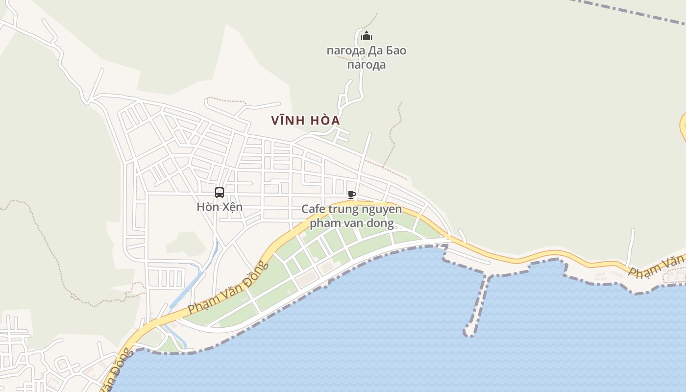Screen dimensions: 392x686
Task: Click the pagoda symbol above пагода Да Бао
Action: pyautogui.click(x=367, y=36)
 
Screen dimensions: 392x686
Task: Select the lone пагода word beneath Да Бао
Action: pyautogui.click(x=367, y=65)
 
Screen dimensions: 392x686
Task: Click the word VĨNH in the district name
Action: pyautogui.click(x=289, y=121)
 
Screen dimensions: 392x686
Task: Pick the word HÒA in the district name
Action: pyautogui.click(x=324, y=121)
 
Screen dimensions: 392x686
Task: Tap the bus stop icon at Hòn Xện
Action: pyautogui.click(x=219, y=193)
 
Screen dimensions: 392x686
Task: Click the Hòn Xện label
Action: pyautogui.click(x=220, y=207)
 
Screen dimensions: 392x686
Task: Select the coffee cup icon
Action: pyautogui.click(x=351, y=195)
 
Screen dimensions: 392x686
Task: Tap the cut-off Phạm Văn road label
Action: pyautogui.click(x=657, y=268)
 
